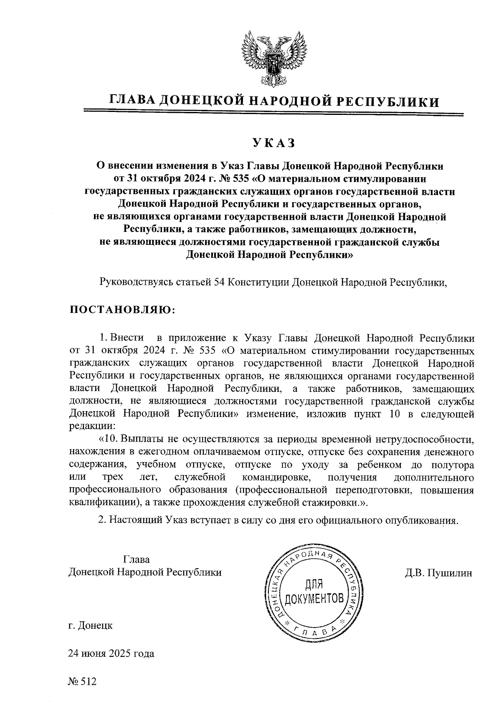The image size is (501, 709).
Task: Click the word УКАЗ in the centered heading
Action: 273,143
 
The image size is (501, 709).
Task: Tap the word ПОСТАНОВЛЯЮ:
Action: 121,310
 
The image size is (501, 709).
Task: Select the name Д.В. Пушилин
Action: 438,573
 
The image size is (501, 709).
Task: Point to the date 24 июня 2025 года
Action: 111,653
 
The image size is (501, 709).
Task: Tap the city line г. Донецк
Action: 90,626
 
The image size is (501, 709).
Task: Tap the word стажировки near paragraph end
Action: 333,503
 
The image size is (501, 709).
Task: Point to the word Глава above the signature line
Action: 136,560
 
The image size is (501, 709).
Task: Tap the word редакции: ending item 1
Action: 92,427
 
